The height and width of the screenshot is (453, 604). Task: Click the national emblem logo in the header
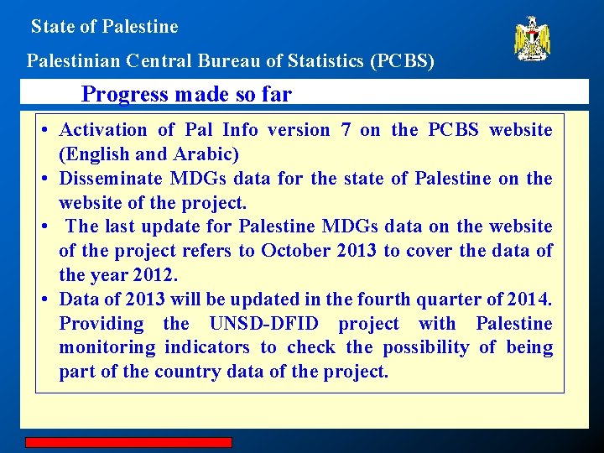pyautogui.click(x=532, y=39)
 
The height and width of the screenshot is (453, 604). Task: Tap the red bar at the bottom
pyautogui.click(x=128, y=442)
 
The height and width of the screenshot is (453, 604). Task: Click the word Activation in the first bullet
pyautogui.click(x=103, y=130)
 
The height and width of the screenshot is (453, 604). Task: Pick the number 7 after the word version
pyautogui.click(x=346, y=130)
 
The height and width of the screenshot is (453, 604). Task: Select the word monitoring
pyautogui.click(x=107, y=347)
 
